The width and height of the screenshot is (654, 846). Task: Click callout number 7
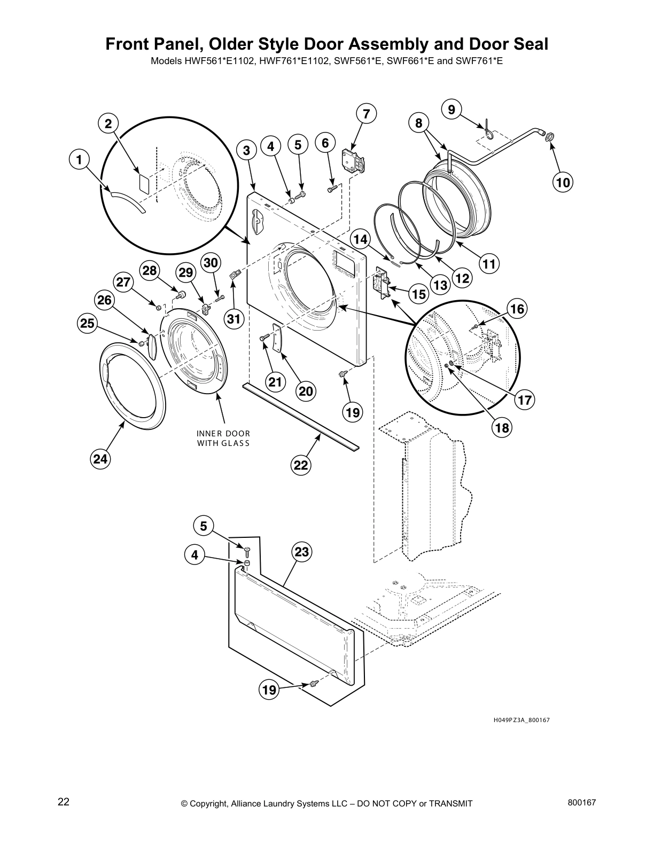tap(366, 114)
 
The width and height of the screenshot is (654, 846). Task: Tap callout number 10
tap(563, 183)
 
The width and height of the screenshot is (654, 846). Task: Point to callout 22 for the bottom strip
tap(301, 465)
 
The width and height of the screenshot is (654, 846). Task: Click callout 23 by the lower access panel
tap(302, 552)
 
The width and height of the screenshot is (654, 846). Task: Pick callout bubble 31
tap(233, 319)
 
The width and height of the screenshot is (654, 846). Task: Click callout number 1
tap(79, 159)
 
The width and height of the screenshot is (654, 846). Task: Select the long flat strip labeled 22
tap(299, 414)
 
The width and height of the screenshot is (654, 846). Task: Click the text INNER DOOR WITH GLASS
tap(223, 438)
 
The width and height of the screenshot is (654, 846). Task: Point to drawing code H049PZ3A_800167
tap(521, 720)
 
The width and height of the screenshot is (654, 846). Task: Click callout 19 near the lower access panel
tap(269, 690)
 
